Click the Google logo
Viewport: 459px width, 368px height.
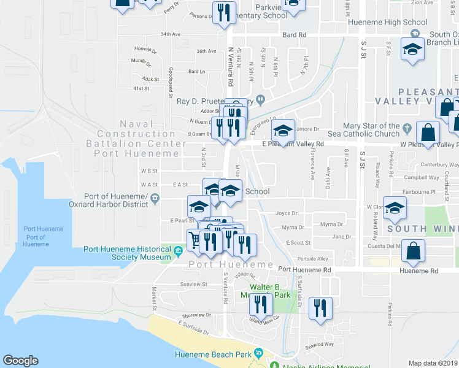(x=20, y=361)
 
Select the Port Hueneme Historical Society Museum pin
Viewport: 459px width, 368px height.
(x=178, y=250)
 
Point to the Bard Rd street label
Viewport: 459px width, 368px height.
(x=294, y=36)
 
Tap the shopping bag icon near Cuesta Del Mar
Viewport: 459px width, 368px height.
(x=414, y=250)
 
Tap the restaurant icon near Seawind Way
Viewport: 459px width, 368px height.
(x=320, y=308)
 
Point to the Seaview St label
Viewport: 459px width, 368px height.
(x=195, y=285)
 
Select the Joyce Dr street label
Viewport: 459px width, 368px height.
(x=287, y=213)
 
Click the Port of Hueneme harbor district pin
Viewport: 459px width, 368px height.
(x=155, y=197)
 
